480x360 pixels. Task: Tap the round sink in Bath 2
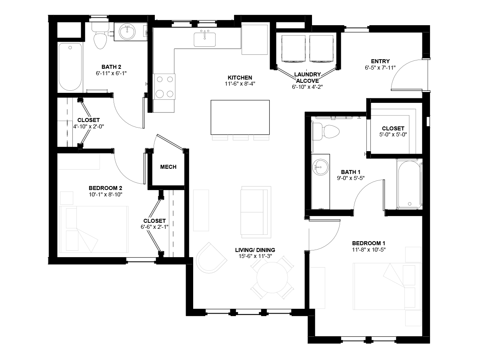[x=127, y=32]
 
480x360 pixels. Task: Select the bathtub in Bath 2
[x=70, y=67]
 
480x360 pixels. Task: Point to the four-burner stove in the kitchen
[x=164, y=86]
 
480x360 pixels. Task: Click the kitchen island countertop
[x=240, y=117]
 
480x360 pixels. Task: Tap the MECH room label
[x=168, y=167]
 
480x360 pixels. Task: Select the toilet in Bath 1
[x=326, y=132]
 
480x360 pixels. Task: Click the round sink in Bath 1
[x=320, y=167]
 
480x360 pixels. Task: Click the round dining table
[x=272, y=277]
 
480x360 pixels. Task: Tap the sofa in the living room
[x=256, y=212]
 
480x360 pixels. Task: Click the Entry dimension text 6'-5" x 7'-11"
[x=380, y=68]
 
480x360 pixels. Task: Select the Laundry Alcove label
[x=308, y=78]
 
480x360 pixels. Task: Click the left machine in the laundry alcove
[x=294, y=49]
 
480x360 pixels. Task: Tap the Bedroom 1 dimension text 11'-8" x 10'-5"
[x=369, y=250]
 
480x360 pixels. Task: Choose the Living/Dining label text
[x=255, y=250]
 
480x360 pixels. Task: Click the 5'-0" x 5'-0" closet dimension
[x=393, y=134]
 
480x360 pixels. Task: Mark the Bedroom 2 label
[x=106, y=188]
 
